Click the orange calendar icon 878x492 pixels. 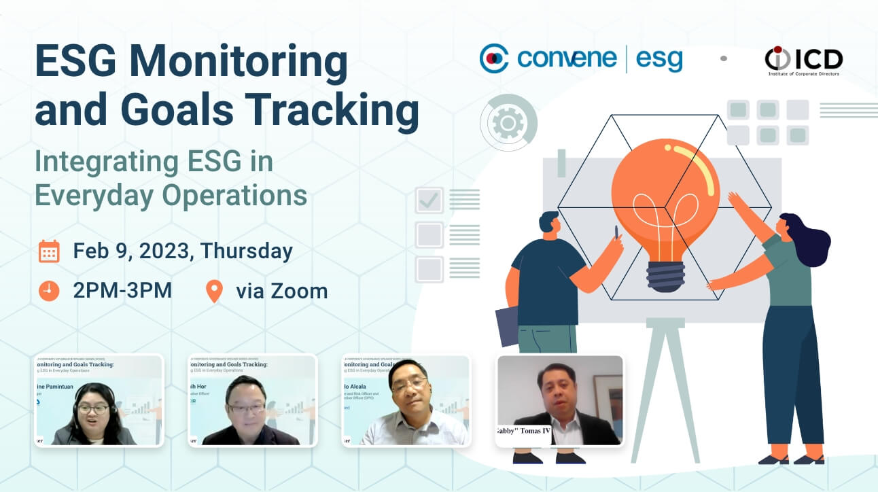tap(49, 251)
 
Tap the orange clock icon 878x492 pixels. tap(49, 291)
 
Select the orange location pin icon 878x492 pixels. tap(214, 291)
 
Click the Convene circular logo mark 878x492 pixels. tap(494, 59)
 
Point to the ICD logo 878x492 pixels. tap(803, 60)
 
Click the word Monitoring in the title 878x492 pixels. tap(237, 63)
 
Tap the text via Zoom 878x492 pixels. tap(281, 291)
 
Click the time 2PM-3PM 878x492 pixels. tap(122, 291)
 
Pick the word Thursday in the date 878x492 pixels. tap(246, 251)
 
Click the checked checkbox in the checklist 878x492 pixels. tap(429, 200)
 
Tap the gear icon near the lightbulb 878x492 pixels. tap(508, 123)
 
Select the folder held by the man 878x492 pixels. tap(506, 326)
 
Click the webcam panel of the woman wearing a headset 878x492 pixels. tap(99, 400)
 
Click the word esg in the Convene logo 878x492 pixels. tap(658, 60)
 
